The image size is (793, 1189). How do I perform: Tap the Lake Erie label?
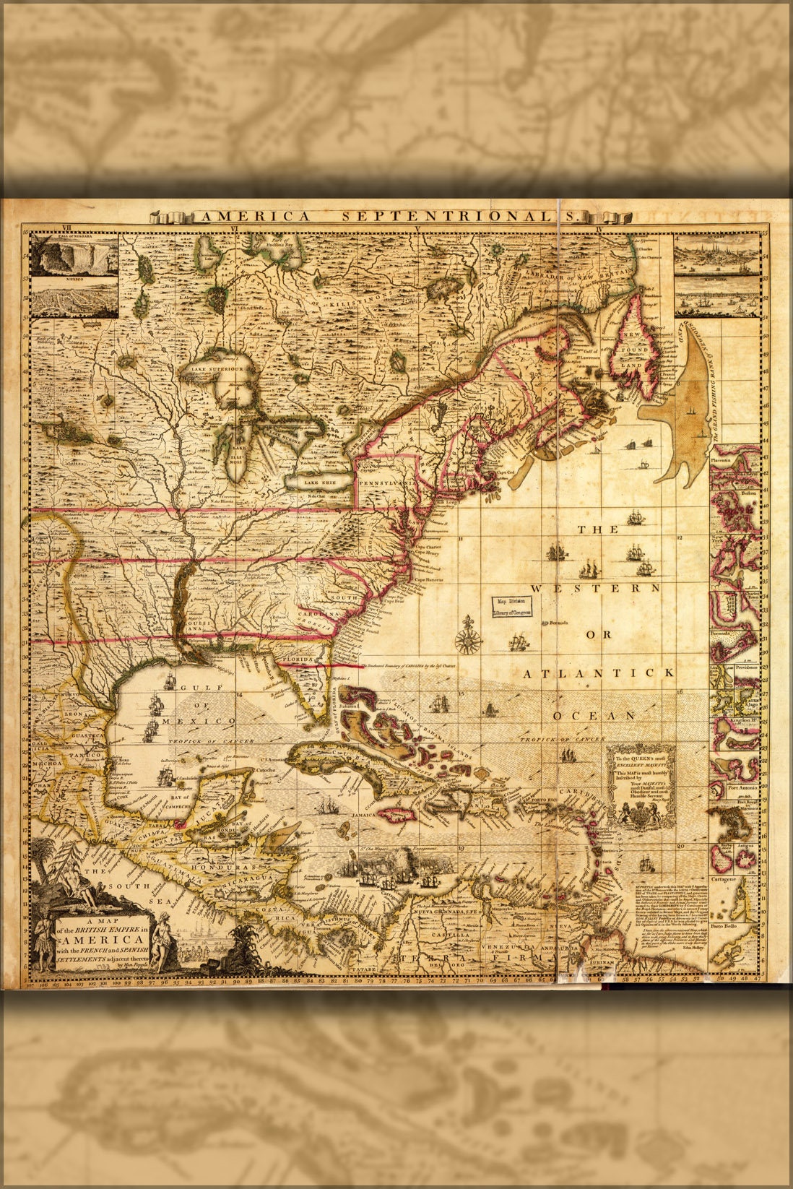coord(320,481)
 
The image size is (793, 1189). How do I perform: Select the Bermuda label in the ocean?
coord(560,623)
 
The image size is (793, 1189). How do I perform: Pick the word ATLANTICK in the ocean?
coord(599,673)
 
